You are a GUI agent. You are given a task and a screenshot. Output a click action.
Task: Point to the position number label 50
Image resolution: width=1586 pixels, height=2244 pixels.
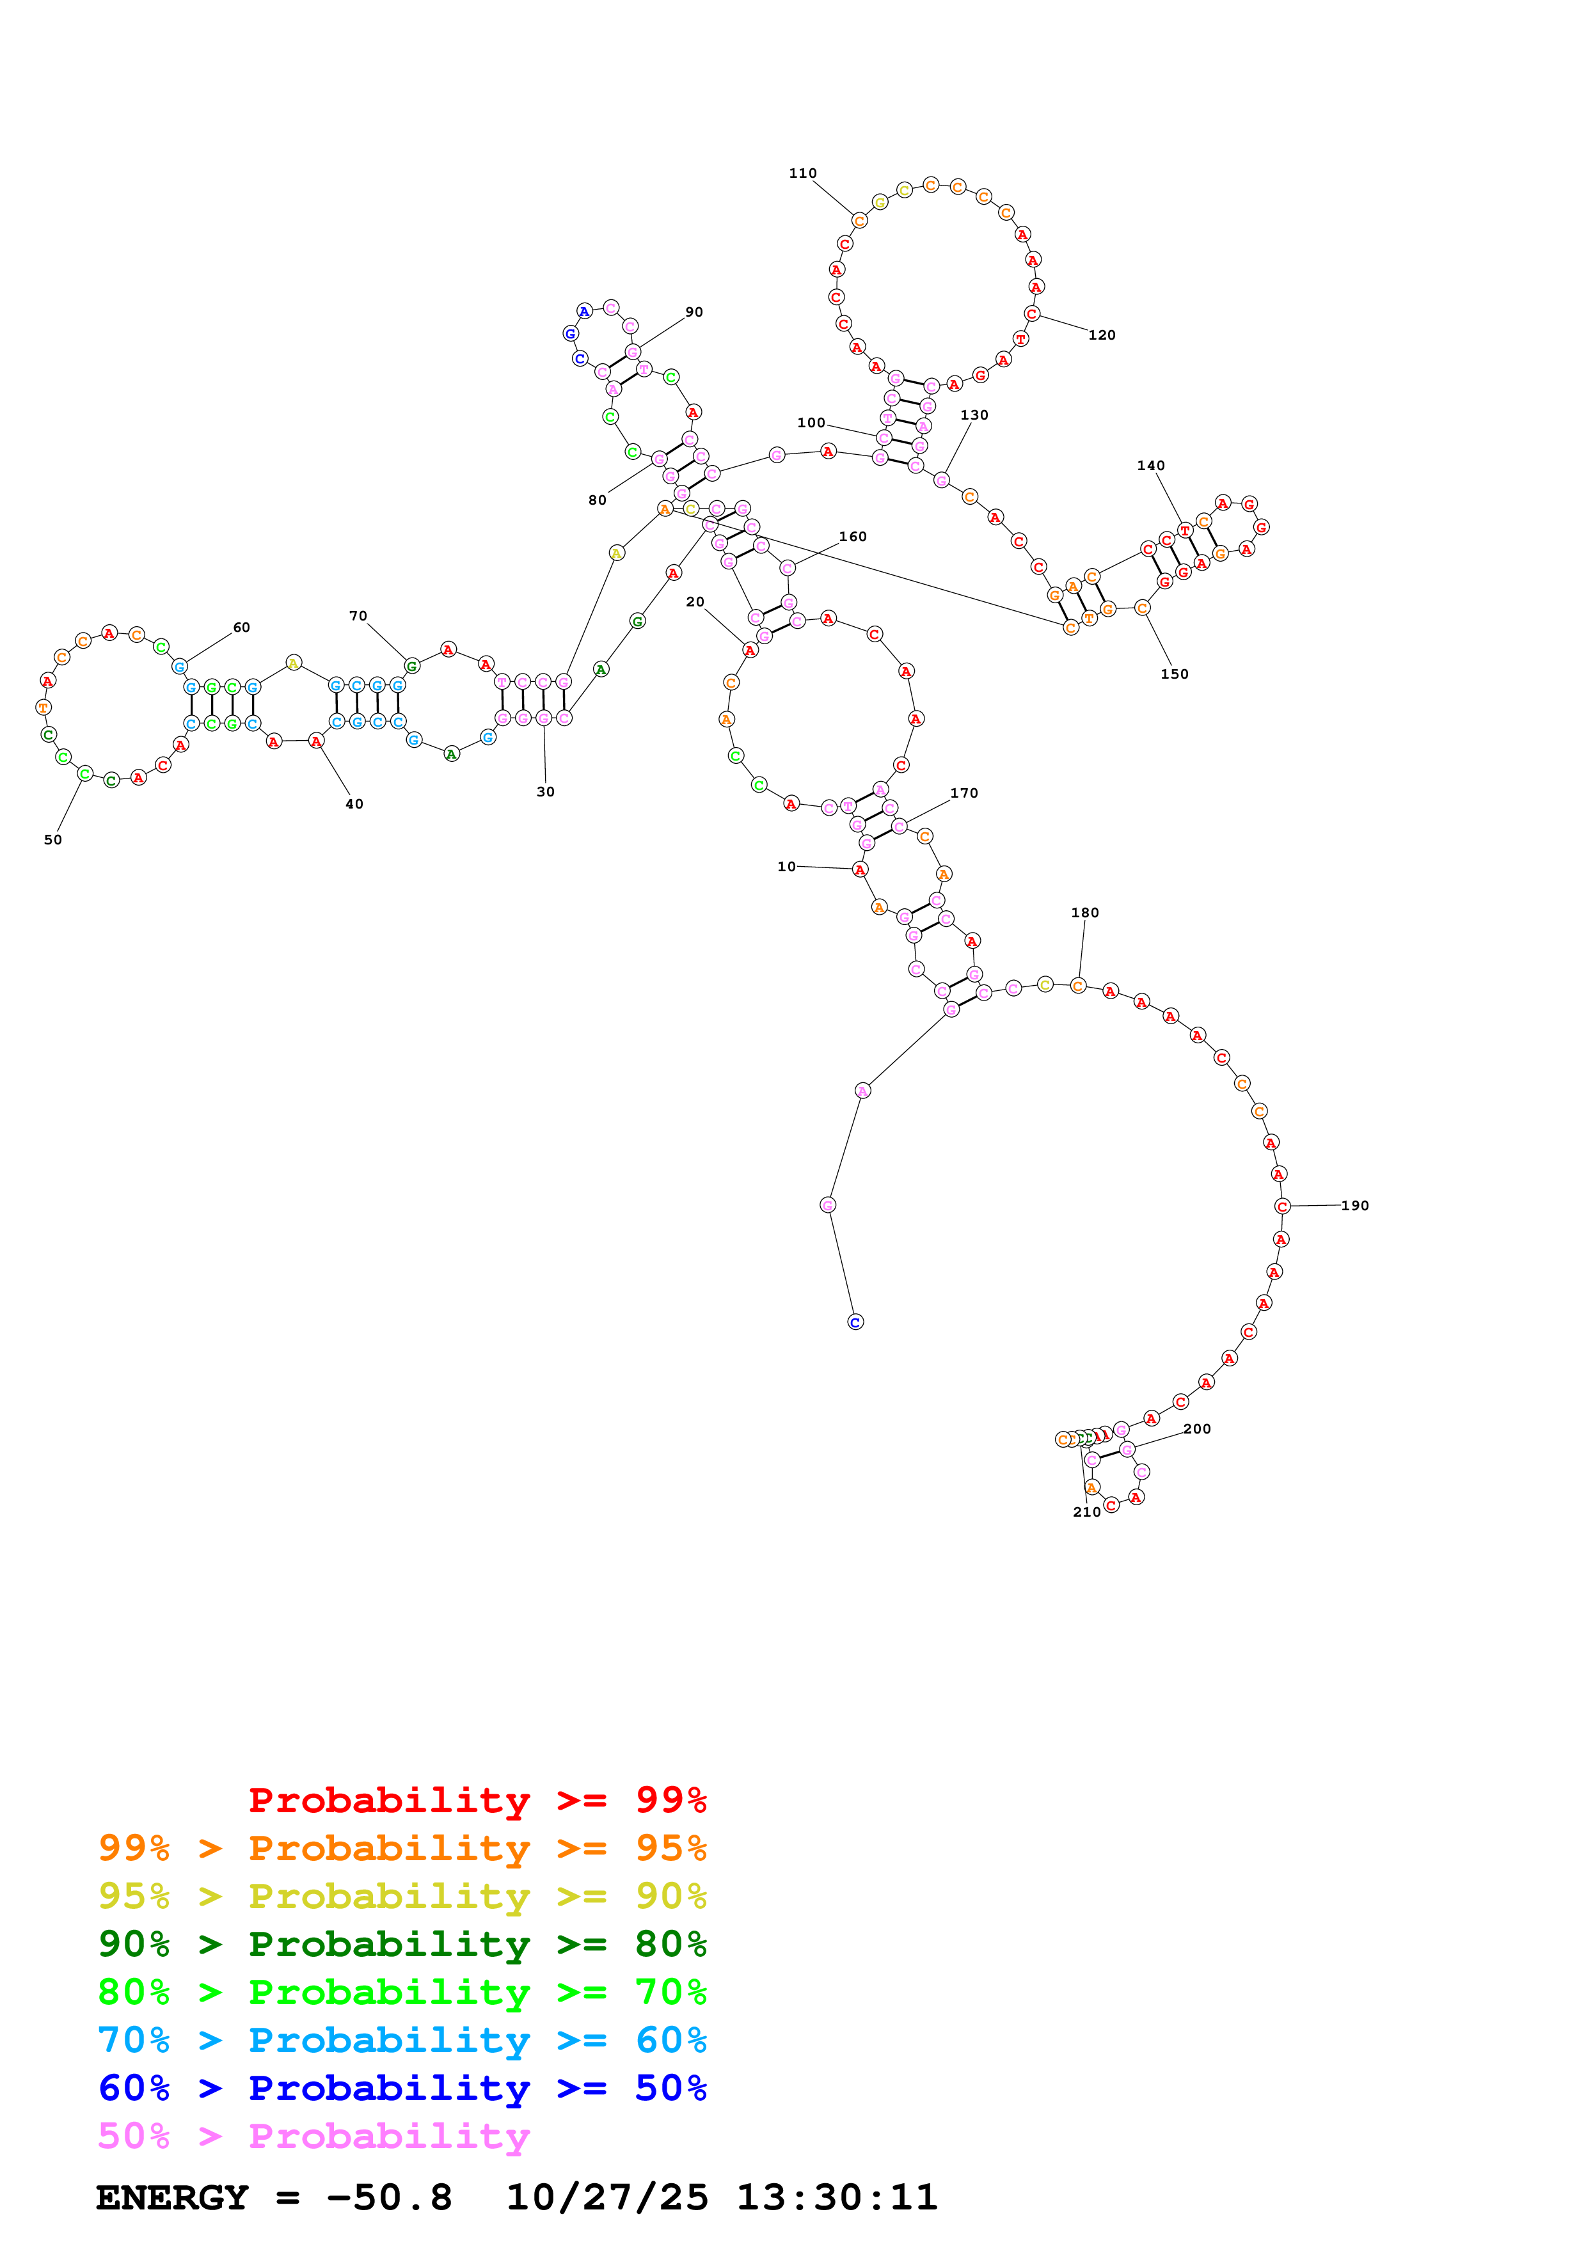52,839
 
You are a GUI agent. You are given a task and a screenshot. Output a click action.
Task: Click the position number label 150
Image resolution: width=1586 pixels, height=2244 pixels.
1175,674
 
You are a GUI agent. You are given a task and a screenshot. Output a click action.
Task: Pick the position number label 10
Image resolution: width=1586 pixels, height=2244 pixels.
787,867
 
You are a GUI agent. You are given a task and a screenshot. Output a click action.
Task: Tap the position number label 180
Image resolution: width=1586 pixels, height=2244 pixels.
1084,913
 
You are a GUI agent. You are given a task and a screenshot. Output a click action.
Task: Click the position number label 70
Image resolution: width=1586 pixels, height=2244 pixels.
359,616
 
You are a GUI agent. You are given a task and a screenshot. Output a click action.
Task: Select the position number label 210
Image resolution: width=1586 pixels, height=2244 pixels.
1086,1512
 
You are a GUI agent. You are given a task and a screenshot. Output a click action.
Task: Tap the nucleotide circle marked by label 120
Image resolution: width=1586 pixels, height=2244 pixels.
1032,313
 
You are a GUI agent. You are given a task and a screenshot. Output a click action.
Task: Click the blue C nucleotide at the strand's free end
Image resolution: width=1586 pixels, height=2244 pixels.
855,1322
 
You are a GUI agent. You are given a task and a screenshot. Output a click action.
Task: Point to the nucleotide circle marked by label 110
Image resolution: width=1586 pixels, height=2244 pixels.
859,221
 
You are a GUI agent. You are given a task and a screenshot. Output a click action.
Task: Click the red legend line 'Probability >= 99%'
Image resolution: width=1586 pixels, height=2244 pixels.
477,1799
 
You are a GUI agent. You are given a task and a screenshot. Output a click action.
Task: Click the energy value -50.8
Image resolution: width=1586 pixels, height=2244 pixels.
390,2198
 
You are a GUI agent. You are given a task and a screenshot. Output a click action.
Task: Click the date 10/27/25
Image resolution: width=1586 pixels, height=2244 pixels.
607,2198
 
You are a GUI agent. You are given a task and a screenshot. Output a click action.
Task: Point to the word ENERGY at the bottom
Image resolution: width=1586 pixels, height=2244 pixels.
172,2198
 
